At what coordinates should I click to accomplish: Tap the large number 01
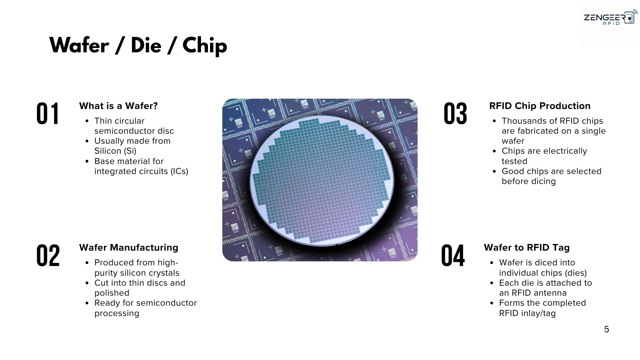[48, 114]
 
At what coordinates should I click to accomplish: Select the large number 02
[48, 255]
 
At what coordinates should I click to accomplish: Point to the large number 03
[455, 114]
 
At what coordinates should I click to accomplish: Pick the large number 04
[453, 255]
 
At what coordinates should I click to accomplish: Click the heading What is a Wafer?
[118, 106]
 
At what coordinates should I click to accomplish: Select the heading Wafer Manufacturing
[129, 247]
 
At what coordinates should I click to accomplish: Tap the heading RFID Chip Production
[540, 106]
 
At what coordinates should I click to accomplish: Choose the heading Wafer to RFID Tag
[527, 247]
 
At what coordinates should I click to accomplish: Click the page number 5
[606, 329]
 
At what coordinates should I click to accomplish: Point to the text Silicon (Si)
[115, 151]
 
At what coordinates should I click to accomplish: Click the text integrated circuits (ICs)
[141, 171]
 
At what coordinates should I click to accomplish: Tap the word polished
[112, 293]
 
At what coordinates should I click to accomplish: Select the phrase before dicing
[529, 181]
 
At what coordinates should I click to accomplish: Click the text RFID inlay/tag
[527, 313]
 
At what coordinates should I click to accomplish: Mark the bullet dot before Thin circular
[87, 121]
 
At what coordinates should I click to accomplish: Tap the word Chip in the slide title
[205, 46]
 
